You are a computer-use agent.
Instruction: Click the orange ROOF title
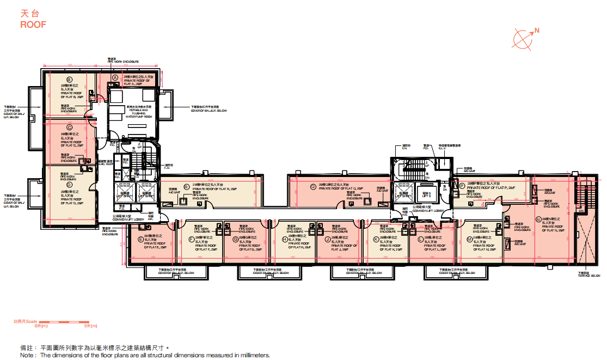[33, 25]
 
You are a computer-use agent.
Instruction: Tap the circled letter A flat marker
[115, 78]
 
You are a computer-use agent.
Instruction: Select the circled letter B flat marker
[69, 80]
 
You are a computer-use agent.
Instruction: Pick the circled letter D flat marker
[69, 185]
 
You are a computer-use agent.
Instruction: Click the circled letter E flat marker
[140, 239]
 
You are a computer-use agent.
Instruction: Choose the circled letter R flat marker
[186, 185]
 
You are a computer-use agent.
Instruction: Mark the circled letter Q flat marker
[313, 186]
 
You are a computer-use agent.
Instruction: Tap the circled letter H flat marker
[285, 239]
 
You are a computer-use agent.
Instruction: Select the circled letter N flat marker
[538, 219]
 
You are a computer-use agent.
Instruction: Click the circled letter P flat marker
[462, 186]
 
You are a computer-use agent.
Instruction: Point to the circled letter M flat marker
[468, 239]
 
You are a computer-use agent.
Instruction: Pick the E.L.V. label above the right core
[443, 148]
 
